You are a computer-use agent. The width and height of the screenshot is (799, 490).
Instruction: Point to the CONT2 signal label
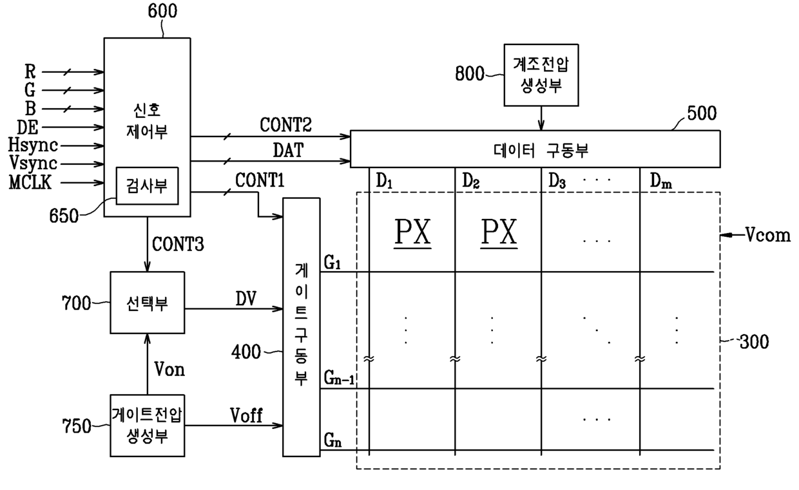pos(285,125)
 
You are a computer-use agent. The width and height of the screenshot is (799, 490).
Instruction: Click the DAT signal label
pos(288,150)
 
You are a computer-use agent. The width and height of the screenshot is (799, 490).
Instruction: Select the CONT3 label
pos(178,245)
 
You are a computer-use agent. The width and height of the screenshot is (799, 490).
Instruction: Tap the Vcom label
pos(767,235)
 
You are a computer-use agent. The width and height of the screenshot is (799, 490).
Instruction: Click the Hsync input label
pos(33,146)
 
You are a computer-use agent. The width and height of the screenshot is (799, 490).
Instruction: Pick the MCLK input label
pos(30,182)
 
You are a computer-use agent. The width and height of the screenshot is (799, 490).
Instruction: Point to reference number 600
pos(162,11)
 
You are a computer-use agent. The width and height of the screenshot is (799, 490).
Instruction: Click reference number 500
pos(702,113)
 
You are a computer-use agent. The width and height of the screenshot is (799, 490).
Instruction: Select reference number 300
pos(754,342)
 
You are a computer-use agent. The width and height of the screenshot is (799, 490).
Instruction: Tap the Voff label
pos(246,415)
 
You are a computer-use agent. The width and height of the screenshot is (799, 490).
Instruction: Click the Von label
pos(169,370)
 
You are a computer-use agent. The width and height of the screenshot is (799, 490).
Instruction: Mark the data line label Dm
pos(661,181)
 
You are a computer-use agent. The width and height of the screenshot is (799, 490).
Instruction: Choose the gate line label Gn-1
pos(339,378)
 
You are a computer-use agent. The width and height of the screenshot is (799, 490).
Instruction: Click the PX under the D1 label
pos(412,232)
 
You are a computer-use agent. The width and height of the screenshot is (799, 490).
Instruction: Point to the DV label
pos(245,299)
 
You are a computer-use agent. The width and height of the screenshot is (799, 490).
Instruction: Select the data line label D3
pos(557,181)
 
